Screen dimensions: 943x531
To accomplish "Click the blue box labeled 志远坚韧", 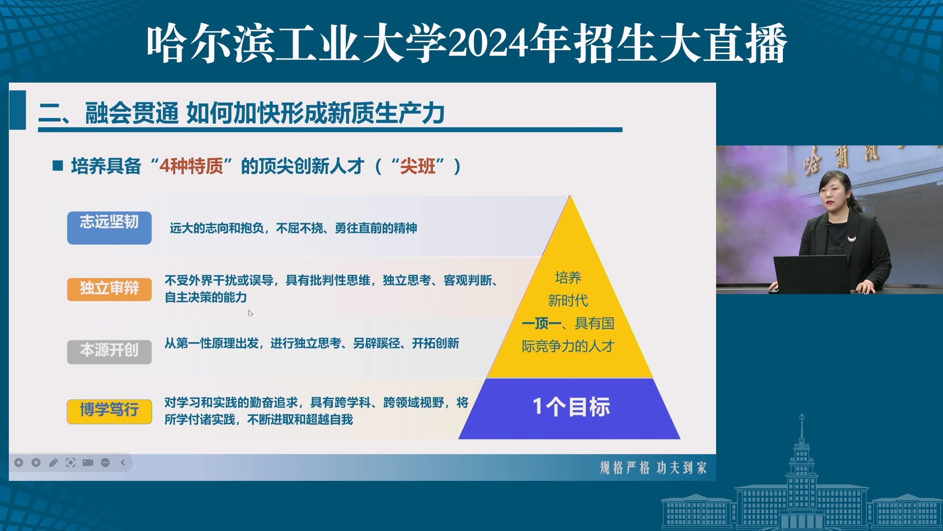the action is tap(109, 228).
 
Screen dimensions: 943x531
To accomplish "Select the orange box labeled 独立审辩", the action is tap(109, 289).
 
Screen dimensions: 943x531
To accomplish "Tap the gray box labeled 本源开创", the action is tap(109, 352).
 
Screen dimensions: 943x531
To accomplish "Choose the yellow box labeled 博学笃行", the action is tap(109, 412).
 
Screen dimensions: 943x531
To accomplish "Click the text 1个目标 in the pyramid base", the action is tap(571, 407).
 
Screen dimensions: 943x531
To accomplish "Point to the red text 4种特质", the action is tap(191, 166).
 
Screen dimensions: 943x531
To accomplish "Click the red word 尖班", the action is tap(418, 166).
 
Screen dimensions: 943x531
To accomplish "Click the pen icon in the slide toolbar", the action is tap(53, 462).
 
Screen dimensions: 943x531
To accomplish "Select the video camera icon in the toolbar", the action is tap(88, 462).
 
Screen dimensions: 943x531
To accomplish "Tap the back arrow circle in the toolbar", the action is tap(19, 462).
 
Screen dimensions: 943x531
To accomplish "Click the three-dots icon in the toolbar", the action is tap(105, 462).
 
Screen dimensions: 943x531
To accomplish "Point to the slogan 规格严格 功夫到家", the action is tap(653, 468).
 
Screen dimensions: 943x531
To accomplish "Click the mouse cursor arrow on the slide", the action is tap(250, 313).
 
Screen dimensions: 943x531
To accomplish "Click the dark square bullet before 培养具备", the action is tap(58, 166).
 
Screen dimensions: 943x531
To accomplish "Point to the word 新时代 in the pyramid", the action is tap(568, 301).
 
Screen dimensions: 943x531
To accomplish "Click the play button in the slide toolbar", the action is tap(36, 462).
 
